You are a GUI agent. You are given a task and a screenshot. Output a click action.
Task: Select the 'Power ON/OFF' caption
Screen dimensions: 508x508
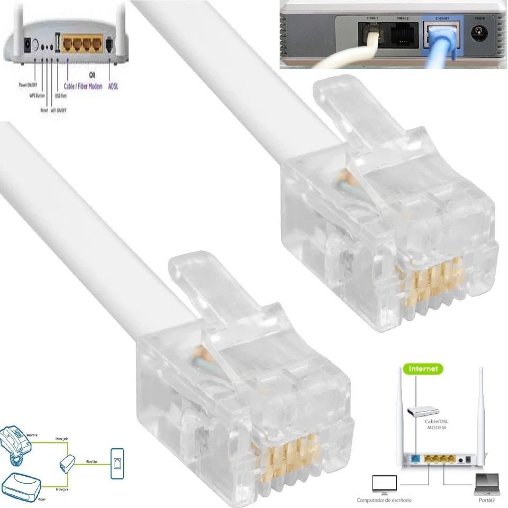(x=27, y=85)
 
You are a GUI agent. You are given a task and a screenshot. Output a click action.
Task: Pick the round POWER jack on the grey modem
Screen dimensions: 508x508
(x=480, y=37)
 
